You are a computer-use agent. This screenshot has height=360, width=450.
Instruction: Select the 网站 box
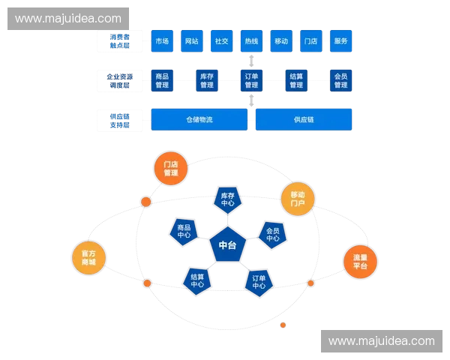[x=191, y=41]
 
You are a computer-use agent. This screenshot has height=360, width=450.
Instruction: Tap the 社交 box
[x=221, y=41]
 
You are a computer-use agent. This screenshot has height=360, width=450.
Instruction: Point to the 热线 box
[x=251, y=41]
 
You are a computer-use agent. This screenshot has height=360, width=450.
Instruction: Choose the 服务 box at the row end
[x=340, y=41]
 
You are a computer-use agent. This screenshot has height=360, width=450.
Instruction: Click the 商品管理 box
[x=162, y=80]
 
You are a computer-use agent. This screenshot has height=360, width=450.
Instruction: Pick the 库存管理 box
[x=206, y=80]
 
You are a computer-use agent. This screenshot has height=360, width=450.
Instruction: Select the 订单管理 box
[x=251, y=80]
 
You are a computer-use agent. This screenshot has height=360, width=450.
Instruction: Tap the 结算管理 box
[x=296, y=80]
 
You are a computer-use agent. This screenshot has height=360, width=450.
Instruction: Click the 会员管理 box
[x=340, y=80]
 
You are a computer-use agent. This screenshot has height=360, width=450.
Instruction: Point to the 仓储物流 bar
[x=199, y=119]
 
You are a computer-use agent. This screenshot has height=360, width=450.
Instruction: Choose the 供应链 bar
[x=304, y=119]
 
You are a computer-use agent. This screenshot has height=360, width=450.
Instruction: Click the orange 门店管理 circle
[x=171, y=169]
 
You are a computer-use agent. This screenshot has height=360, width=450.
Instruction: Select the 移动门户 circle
[x=298, y=199]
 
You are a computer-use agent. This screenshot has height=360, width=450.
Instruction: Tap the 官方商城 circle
[x=89, y=257]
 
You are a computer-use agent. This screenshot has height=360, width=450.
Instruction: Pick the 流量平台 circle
[x=360, y=261]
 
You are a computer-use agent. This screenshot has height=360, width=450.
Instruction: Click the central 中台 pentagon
[x=227, y=245]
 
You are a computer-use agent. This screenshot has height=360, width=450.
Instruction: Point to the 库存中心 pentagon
[x=227, y=199]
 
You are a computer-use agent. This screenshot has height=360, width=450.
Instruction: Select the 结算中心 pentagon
[x=197, y=280]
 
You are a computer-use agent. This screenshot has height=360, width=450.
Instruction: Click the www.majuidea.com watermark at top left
[x=68, y=18]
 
